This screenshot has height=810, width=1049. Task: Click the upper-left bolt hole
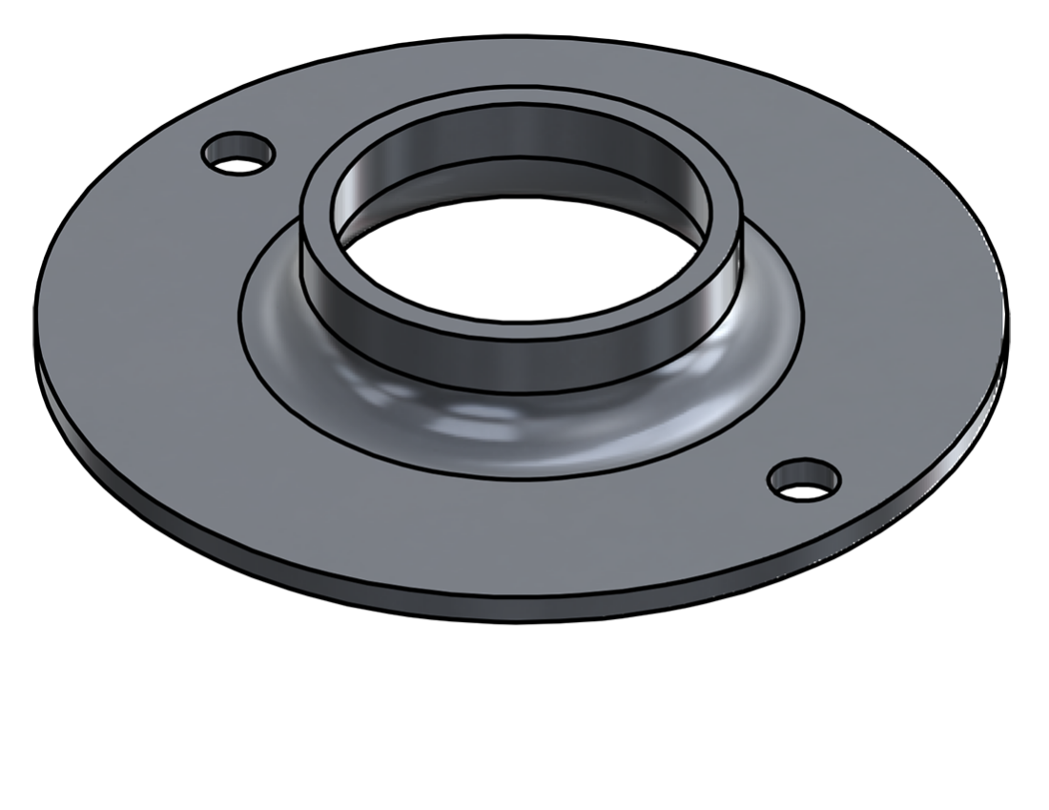tap(238, 154)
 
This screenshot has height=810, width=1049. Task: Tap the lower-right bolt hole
tap(805, 479)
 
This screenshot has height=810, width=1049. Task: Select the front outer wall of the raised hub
tap(520, 367)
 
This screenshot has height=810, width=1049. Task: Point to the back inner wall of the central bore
tap(520, 134)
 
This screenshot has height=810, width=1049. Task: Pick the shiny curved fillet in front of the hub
tap(520, 429)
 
